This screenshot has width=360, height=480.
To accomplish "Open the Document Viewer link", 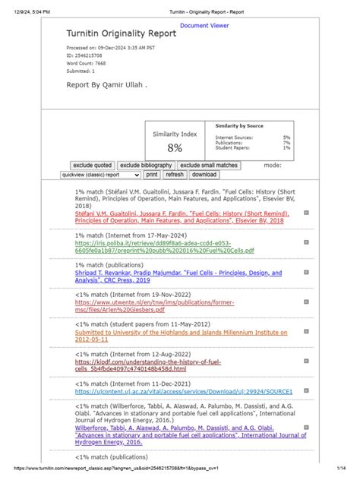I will coord(204,26).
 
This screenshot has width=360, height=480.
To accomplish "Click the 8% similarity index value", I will coord(175,147).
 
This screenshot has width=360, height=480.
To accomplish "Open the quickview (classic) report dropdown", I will coord(100,175).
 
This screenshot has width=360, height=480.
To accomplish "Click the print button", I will coord(151,175).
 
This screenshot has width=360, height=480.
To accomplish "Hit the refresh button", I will coord(175,175).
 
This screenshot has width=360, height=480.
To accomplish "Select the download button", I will coord(204,175).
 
